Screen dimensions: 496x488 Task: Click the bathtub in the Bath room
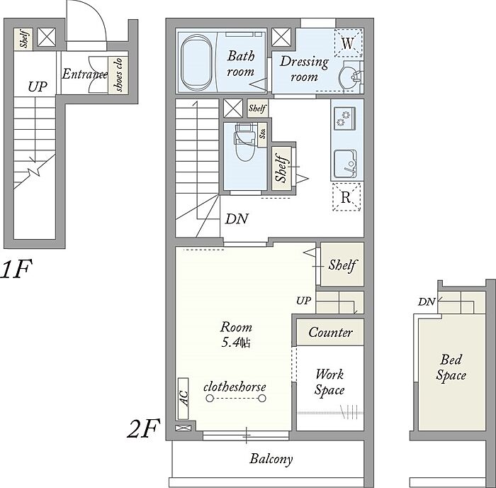tap(196, 62)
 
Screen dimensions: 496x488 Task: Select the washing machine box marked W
tap(348, 43)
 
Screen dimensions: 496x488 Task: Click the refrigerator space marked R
tap(346, 197)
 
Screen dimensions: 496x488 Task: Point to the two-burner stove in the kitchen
tap(344, 117)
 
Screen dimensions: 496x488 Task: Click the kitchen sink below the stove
tap(346, 164)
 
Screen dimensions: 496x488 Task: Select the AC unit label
tap(184, 398)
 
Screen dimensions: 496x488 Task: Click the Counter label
tap(330, 332)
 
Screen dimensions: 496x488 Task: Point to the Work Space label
tap(329, 382)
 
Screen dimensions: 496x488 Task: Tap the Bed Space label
tap(451, 367)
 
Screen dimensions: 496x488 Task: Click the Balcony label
tap(271, 459)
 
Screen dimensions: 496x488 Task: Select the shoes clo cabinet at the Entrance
tap(118, 75)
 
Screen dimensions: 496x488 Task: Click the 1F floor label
tap(16, 269)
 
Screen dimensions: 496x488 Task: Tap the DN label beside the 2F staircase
tap(237, 219)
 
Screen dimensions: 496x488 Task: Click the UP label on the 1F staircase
tap(38, 87)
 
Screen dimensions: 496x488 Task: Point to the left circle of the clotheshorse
tap(210, 399)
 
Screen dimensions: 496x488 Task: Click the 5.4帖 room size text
tap(236, 343)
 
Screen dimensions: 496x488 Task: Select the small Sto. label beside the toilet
tap(262, 133)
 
